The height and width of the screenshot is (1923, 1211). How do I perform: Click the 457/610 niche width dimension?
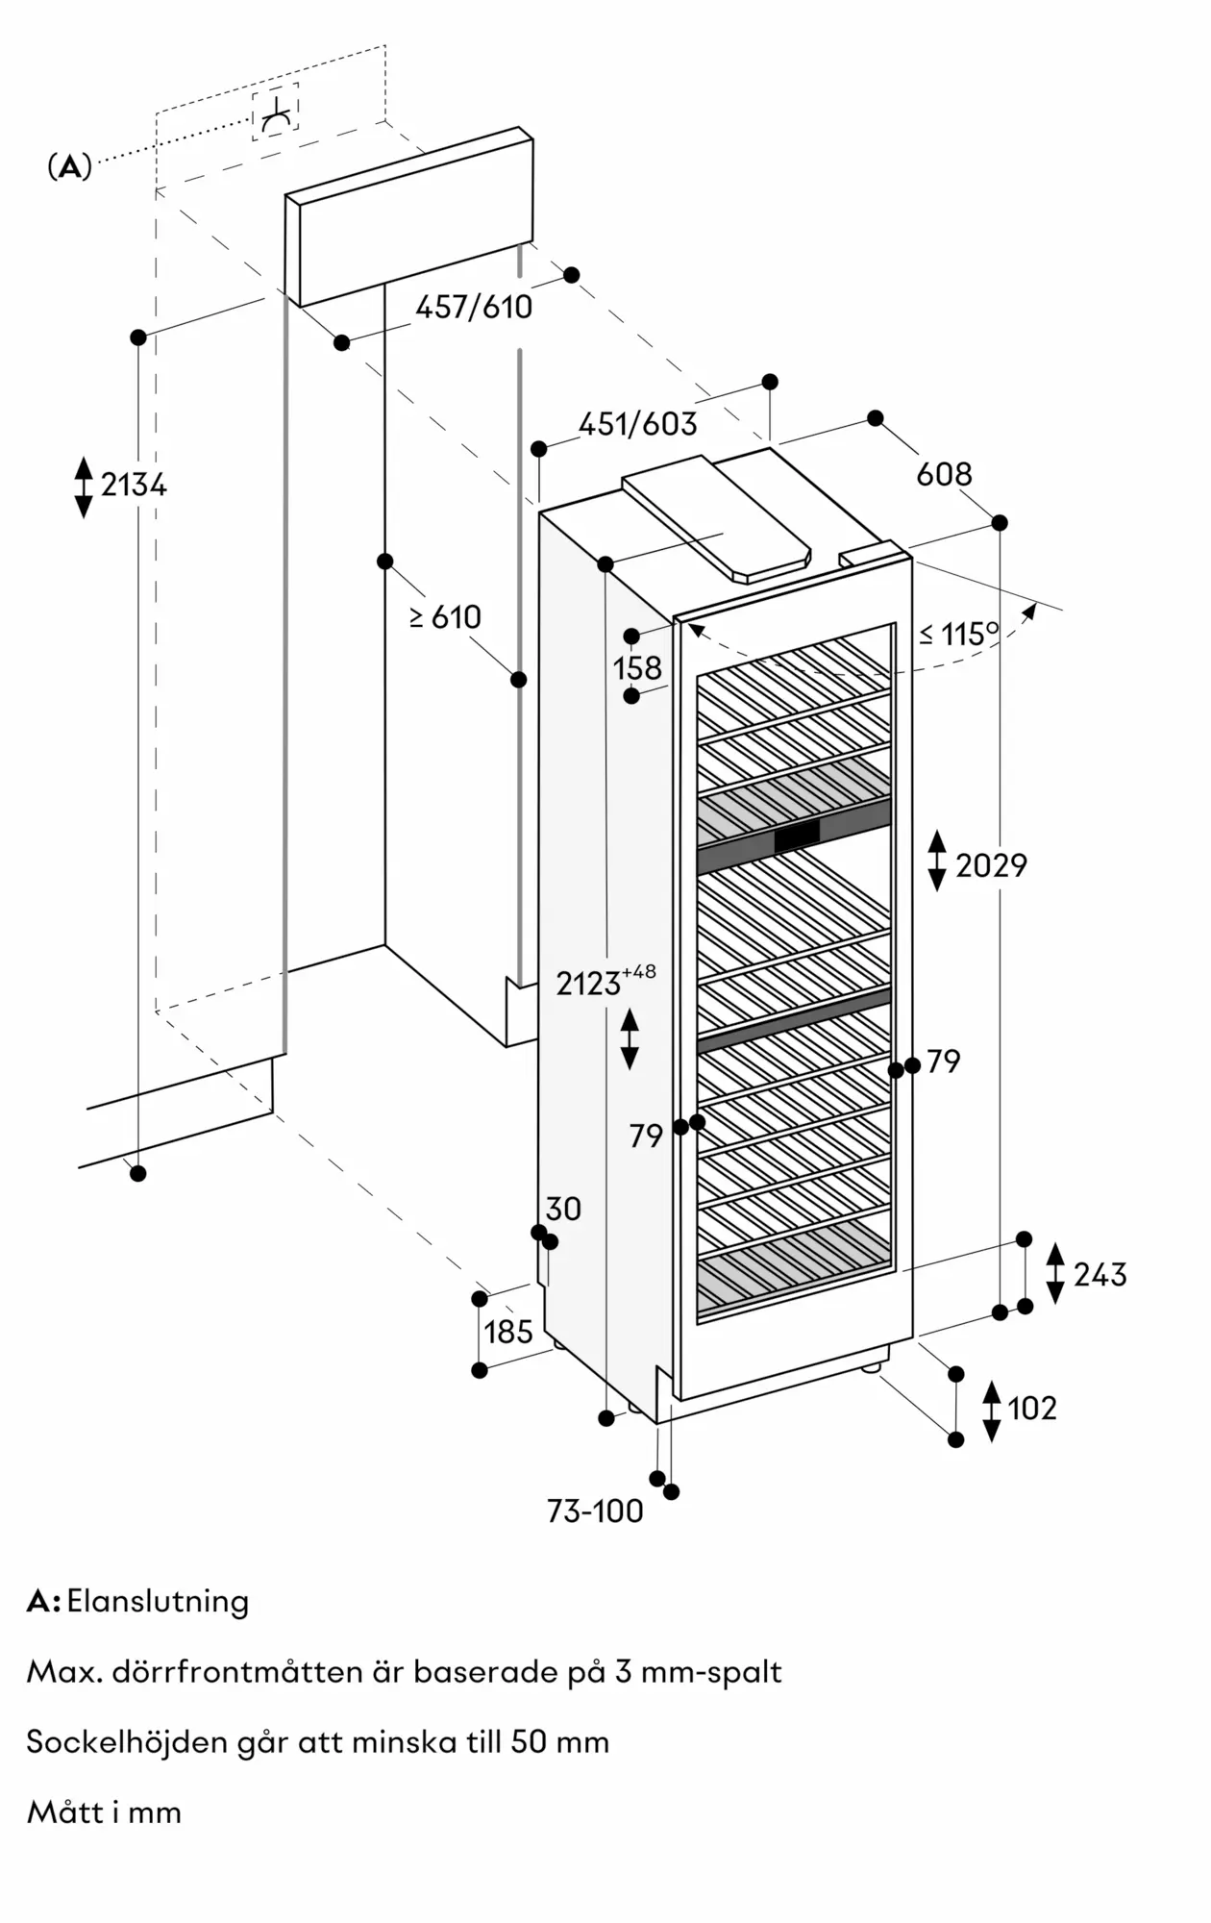tap(474, 307)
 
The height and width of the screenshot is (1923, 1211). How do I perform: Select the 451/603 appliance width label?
tap(638, 424)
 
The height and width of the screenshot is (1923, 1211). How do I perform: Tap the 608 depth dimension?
tap(944, 474)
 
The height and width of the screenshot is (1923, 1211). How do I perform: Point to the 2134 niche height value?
tap(134, 485)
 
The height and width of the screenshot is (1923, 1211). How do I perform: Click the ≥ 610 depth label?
tap(445, 616)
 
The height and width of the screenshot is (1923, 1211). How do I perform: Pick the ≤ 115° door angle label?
tap(958, 634)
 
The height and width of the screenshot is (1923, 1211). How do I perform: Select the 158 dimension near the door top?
tap(637, 667)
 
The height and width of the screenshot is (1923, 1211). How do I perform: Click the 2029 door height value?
tap(991, 865)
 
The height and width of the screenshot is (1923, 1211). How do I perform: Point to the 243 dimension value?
tap(1100, 1275)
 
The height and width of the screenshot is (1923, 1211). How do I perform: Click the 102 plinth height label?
tap(1032, 1409)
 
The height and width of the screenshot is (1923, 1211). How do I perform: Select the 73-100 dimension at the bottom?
tap(595, 1511)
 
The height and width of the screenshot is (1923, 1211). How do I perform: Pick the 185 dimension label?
tap(508, 1332)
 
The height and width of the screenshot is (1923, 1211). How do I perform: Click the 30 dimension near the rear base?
tap(563, 1209)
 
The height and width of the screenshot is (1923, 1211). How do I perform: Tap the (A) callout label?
tap(69, 167)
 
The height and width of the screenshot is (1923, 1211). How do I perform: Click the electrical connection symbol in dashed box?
tap(276, 112)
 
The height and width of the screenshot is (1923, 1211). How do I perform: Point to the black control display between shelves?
tap(797, 837)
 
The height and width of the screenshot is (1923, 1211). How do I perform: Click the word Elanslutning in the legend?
tap(158, 1601)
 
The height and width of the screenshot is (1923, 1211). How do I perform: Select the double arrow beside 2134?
tap(84, 487)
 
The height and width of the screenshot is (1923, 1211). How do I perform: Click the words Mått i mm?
tap(104, 1812)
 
